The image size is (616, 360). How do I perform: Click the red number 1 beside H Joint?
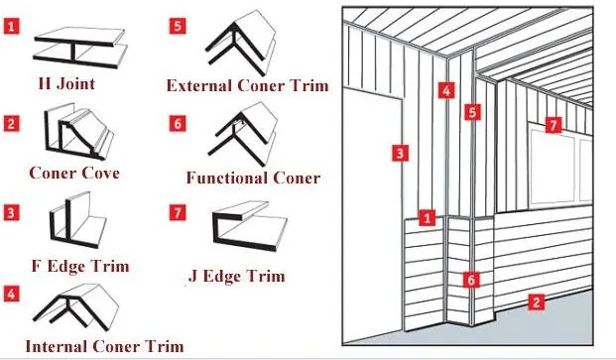[11, 27]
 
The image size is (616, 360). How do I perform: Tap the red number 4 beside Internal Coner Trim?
[11, 294]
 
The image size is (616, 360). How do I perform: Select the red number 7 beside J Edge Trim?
[178, 212]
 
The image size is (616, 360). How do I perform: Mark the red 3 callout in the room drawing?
[400, 153]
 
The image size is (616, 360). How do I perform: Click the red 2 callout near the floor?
[537, 301]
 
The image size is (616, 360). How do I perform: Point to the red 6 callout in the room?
[471, 280]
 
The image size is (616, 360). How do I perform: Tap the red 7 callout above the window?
[554, 125]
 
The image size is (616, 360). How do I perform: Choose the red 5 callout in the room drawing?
[472, 112]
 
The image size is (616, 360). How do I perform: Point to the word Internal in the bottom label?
[57, 346]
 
